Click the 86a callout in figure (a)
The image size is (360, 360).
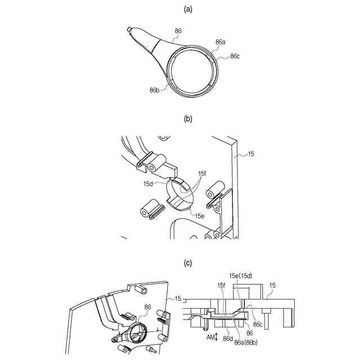coord(221,42)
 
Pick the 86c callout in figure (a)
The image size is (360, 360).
coord(236,56)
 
